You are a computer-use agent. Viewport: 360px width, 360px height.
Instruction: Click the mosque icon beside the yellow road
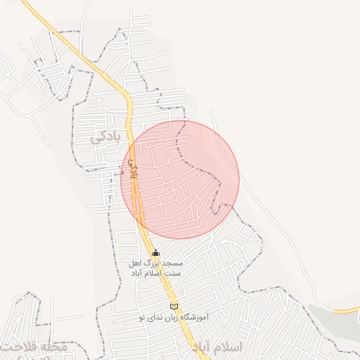click(x=155, y=252)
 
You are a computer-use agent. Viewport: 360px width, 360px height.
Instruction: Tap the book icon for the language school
click(x=174, y=306)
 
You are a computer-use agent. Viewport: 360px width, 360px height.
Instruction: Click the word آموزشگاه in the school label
click(x=194, y=317)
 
